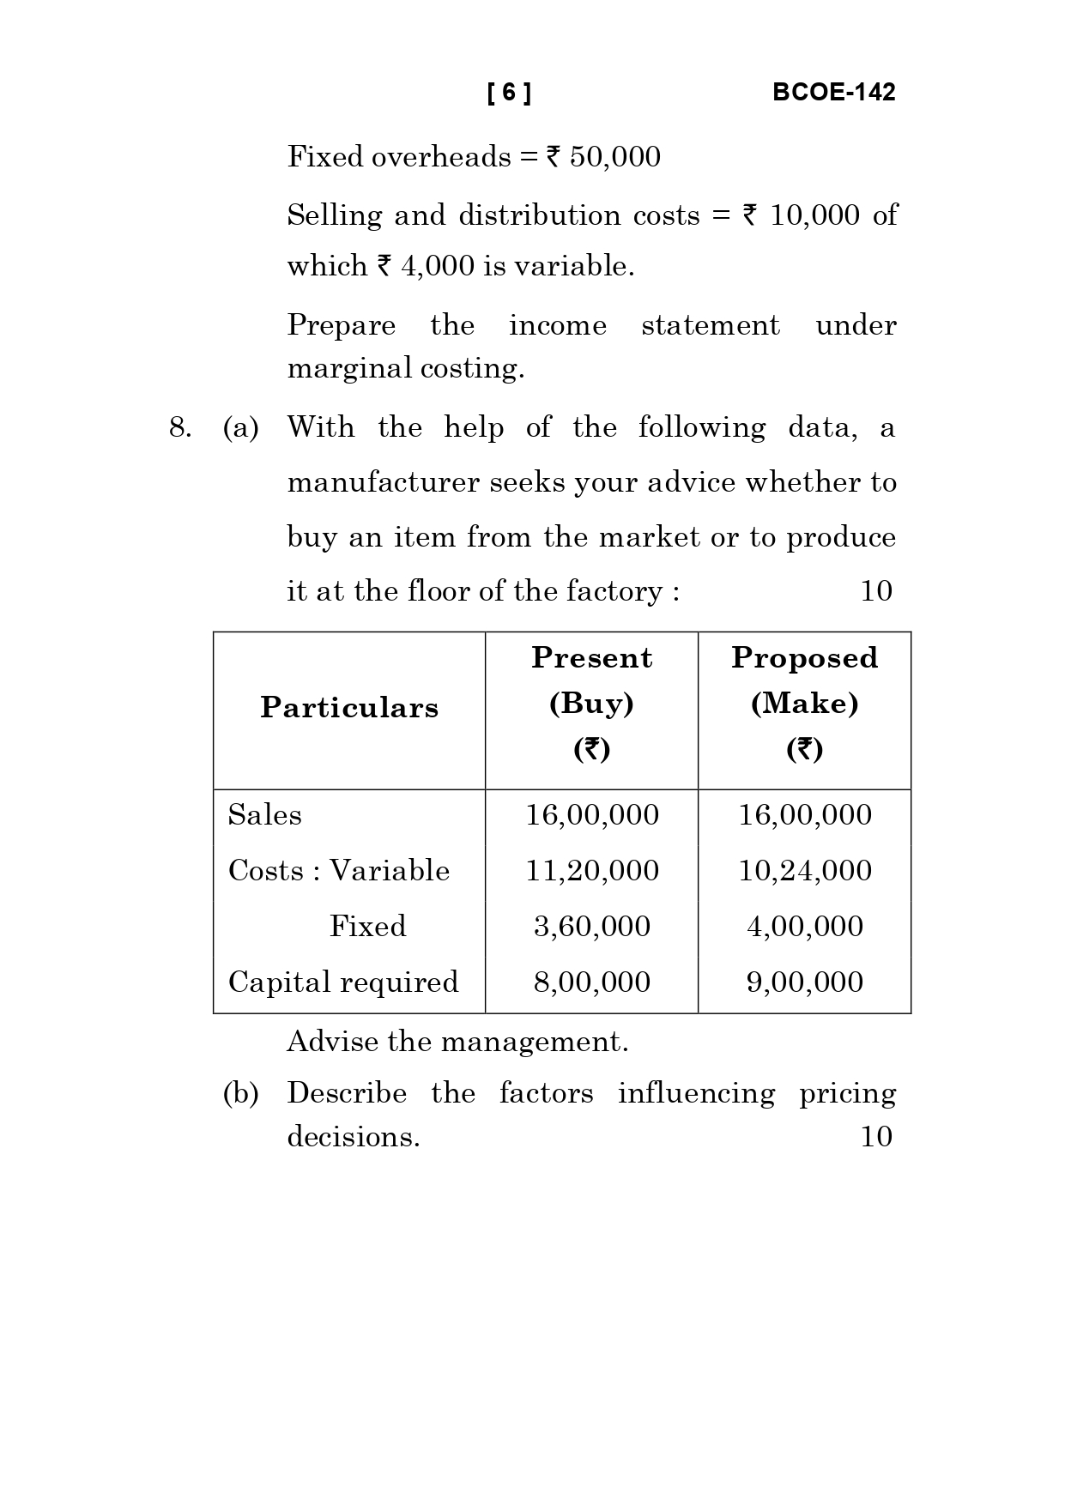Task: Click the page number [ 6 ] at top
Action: tap(509, 93)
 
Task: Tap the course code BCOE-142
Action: tap(833, 93)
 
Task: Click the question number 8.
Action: tap(179, 427)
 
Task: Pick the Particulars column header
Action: tap(349, 708)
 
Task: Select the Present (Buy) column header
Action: tap(591, 703)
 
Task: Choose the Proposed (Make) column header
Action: tap(804, 703)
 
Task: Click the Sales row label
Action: tap(265, 814)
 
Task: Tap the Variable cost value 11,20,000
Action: tap(591, 871)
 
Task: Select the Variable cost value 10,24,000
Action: tap(804, 871)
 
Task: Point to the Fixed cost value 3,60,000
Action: tap(591, 927)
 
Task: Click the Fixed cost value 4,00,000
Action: tap(804, 927)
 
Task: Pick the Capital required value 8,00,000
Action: tap(591, 982)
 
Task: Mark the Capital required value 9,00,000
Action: tap(804, 982)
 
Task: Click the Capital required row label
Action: tap(343, 982)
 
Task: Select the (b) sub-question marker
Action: tap(240, 1094)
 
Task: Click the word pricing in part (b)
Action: tap(847, 1094)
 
